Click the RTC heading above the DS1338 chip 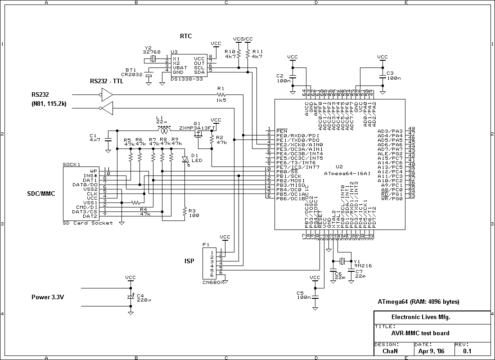pos(186,36)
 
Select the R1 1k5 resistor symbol pos(220,95)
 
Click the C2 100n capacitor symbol pos(292,77)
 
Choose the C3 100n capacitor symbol pos(382,77)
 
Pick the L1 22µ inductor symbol pos(166,130)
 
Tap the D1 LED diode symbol pos(184,159)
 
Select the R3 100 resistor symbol pos(184,211)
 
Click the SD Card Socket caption pos(88,223)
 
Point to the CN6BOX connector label pos(212,282)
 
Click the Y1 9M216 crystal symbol pos(342,261)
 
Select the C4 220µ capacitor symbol pos(130,297)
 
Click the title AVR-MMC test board pos(420,333)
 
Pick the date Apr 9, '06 pos(431,351)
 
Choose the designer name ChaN pos(390,351)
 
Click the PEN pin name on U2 pos(282,130)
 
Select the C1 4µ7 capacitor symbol pos(108,139)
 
